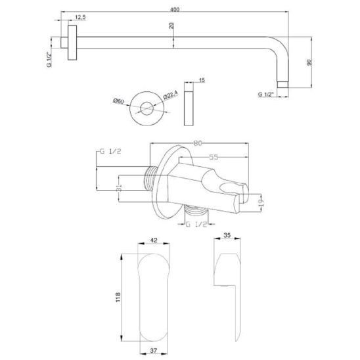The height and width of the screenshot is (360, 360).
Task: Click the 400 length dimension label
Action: point(175,10)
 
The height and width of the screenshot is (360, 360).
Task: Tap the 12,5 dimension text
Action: point(80,17)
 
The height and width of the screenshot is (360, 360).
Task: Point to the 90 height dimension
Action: point(309,62)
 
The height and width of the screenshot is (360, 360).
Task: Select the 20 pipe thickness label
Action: point(171,26)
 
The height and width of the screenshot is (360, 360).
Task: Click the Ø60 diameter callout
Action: point(118,101)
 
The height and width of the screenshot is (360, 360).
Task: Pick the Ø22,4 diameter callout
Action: point(171,95)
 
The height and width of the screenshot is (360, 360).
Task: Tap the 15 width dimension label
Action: point(202,80)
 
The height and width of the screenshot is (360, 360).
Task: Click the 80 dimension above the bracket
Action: point(198,143)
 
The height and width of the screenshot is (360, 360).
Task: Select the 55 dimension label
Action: point(214,157)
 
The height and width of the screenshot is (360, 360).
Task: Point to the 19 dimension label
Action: point(261,202)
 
